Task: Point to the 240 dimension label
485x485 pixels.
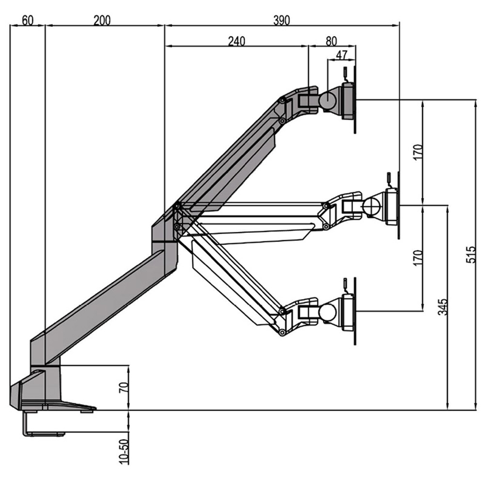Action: (237, 41)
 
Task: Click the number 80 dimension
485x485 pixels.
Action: (332, 41)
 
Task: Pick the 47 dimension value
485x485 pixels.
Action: (342, 54)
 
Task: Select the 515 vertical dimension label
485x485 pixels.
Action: (470, 254)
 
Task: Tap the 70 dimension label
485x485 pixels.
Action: (123, 388)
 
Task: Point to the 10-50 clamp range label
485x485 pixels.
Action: (123, 451)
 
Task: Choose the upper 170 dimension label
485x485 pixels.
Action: (418, 152)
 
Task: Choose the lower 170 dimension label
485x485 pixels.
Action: (418, 257)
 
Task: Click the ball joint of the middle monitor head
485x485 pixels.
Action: (374, 205)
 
